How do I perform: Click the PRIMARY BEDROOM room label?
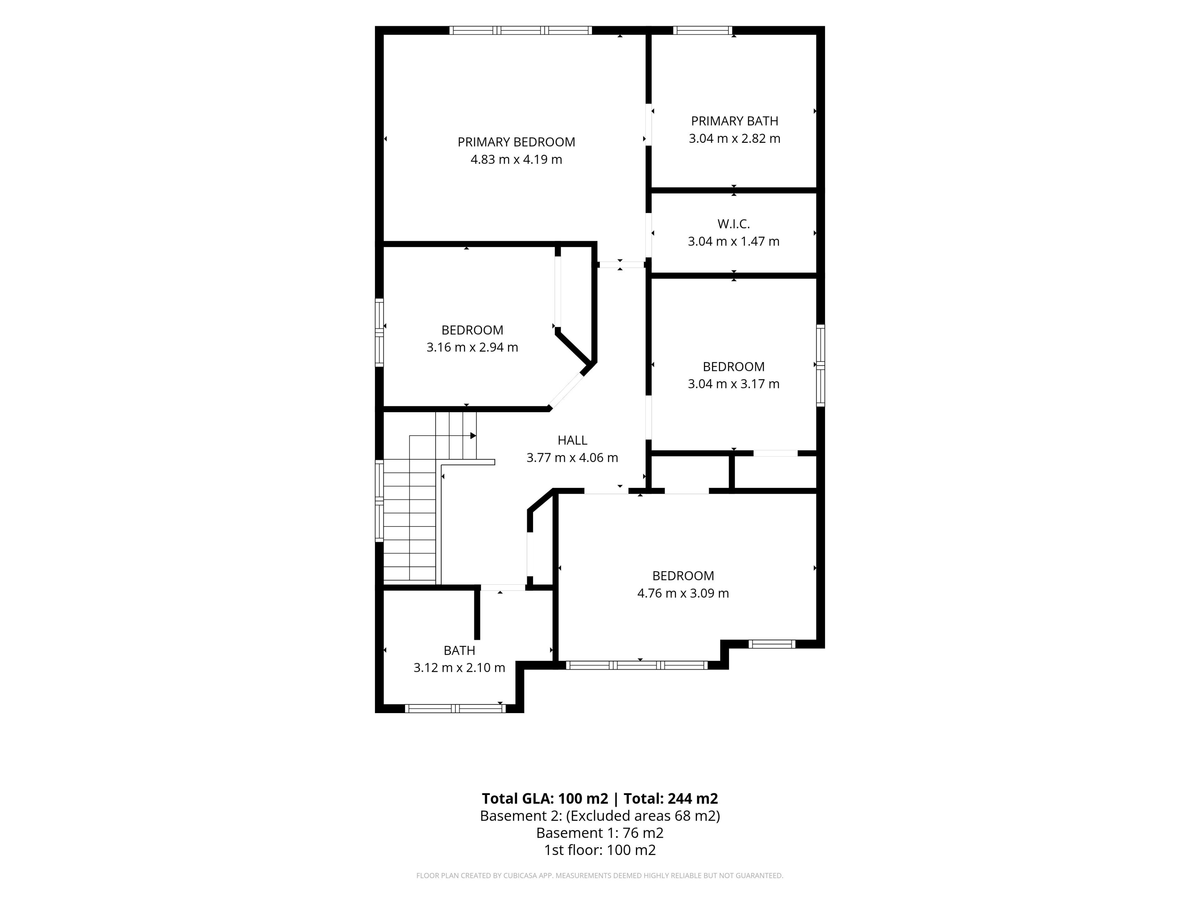click(x=516, y=142)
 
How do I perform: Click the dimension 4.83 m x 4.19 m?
click(x=516, y=159)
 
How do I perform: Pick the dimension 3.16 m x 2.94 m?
click(x=472, y=347)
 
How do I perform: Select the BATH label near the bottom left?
click(x=459, y=650)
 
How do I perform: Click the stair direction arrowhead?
click(x=473, y=436)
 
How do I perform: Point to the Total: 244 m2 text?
click(x=671, y=798)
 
